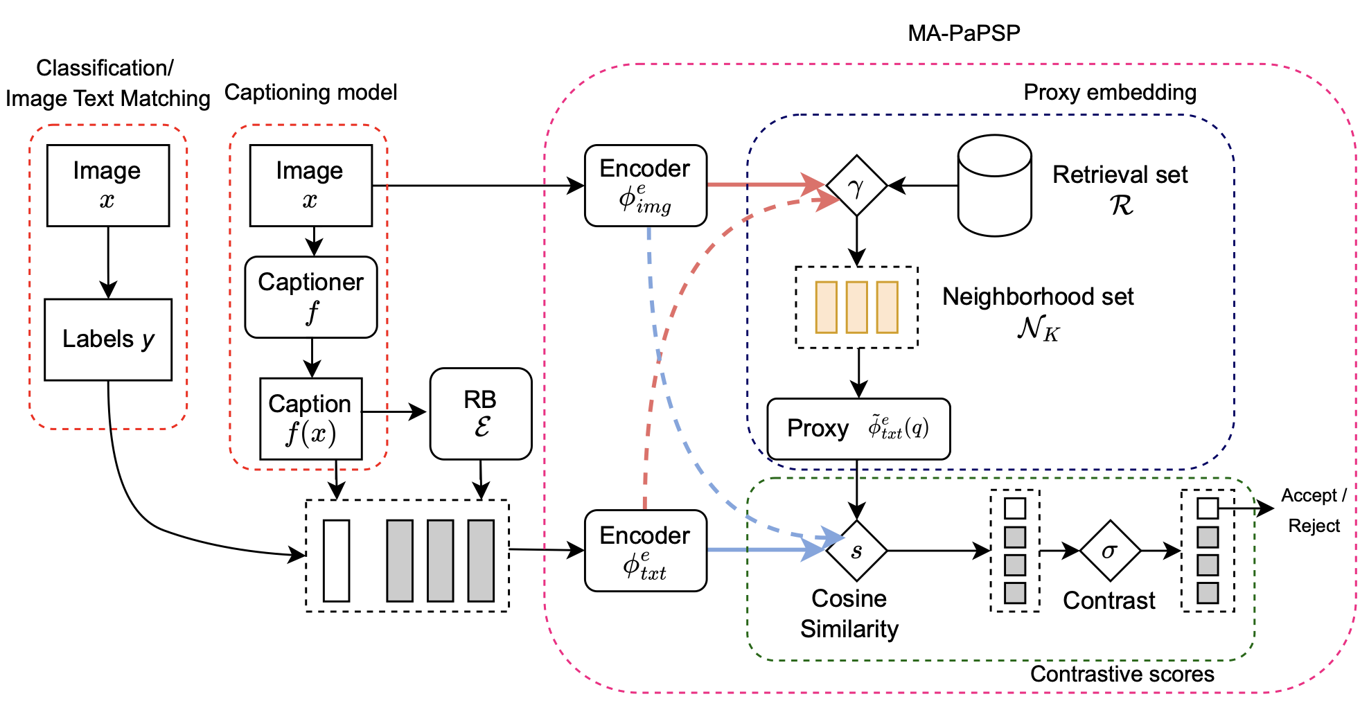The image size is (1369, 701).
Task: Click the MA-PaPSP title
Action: (x=964, y=33)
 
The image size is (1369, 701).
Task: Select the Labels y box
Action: (x=108, y=339)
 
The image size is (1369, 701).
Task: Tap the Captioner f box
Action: (x=311, y=297)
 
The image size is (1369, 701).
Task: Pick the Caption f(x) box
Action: (x=310, y=418)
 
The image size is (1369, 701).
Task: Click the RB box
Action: (x=481, y=414)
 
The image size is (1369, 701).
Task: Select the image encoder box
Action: (x=645, y=186)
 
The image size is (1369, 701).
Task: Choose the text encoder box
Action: (x=645, y=551)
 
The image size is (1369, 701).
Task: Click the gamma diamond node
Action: (x=857, y=186)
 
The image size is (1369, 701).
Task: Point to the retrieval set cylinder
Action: (x=994, y=186)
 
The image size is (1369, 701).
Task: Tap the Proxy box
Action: (x=858, y=429)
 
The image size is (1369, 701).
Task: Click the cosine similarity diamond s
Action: (x=857, y=551)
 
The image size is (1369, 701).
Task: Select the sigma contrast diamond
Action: (x=1110, y=551)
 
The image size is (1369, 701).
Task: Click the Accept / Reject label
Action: (x=1314, y=511)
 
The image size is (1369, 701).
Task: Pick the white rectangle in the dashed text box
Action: (x=337, y=560)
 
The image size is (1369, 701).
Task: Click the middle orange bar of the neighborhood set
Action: (x=857, y=307)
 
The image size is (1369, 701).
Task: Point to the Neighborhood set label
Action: (x=1038, y=297)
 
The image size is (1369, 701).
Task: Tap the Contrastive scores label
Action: (x=1122, y=674)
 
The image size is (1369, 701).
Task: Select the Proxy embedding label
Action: (x=1110, y=92)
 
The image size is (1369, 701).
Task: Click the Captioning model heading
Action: (x=311, y=92)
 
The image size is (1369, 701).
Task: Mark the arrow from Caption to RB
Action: (x=394, y=412)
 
